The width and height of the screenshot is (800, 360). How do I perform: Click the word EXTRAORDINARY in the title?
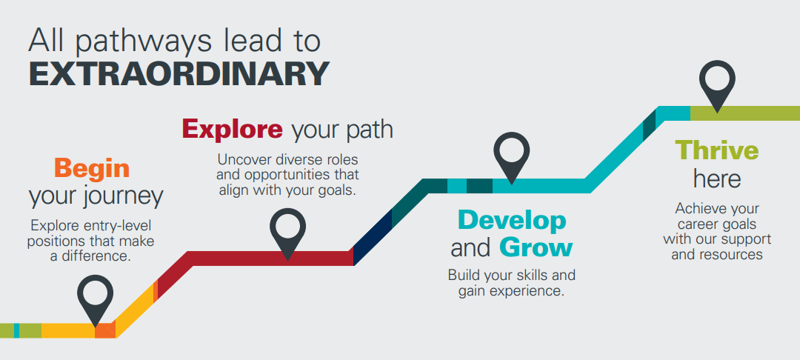179,73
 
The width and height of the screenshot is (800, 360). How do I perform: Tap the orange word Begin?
92,169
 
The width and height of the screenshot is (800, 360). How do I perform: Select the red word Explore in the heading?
232,130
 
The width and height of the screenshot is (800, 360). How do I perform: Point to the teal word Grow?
536,247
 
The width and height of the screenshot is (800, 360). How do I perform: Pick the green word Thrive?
717,150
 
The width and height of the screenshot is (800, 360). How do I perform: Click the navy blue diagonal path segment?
372,238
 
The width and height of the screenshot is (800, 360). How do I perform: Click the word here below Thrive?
717,179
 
